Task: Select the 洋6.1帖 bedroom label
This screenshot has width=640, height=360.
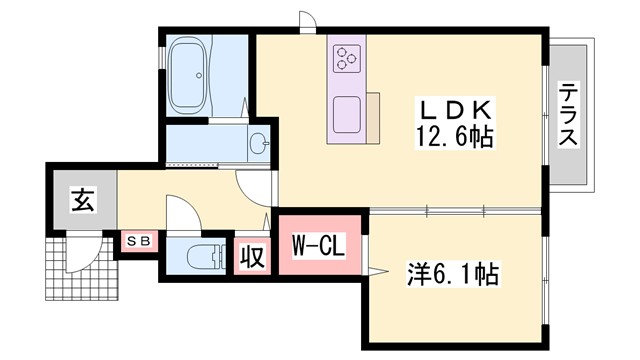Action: [453, 272]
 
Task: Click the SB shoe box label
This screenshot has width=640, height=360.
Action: [136, 241]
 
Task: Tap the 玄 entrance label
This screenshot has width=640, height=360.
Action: [82, 200]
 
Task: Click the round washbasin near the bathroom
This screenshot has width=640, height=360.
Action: [259, 142]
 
